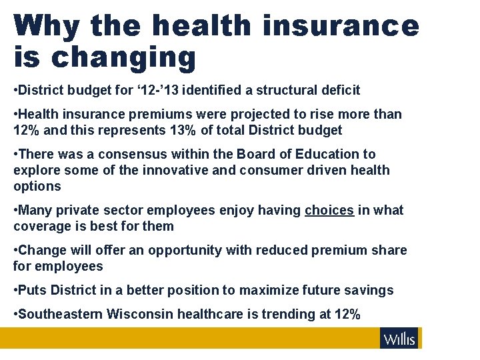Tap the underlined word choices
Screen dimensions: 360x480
coord(329,210)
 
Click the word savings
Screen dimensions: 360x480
coord(370,290)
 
